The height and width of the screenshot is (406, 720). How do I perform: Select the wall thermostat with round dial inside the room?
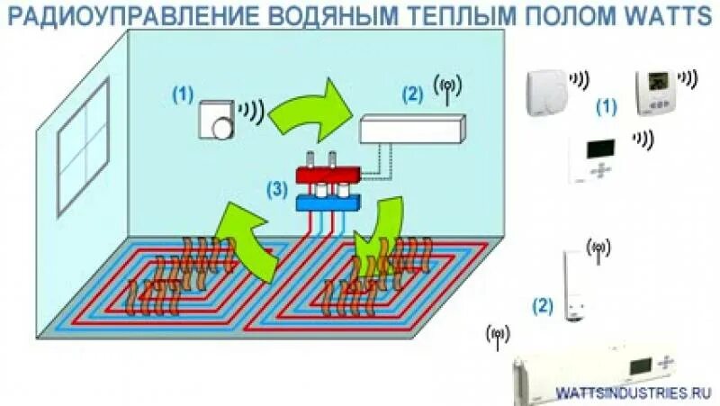[x=216, y=119]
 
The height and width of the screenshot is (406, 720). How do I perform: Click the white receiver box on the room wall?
[x=412, y=130]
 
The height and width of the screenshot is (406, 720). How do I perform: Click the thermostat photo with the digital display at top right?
[x=660, y=92]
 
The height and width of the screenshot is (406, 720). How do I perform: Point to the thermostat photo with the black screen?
[x=598, y=158]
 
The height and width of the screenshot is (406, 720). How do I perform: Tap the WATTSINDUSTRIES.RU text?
[x=634, y=393]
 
